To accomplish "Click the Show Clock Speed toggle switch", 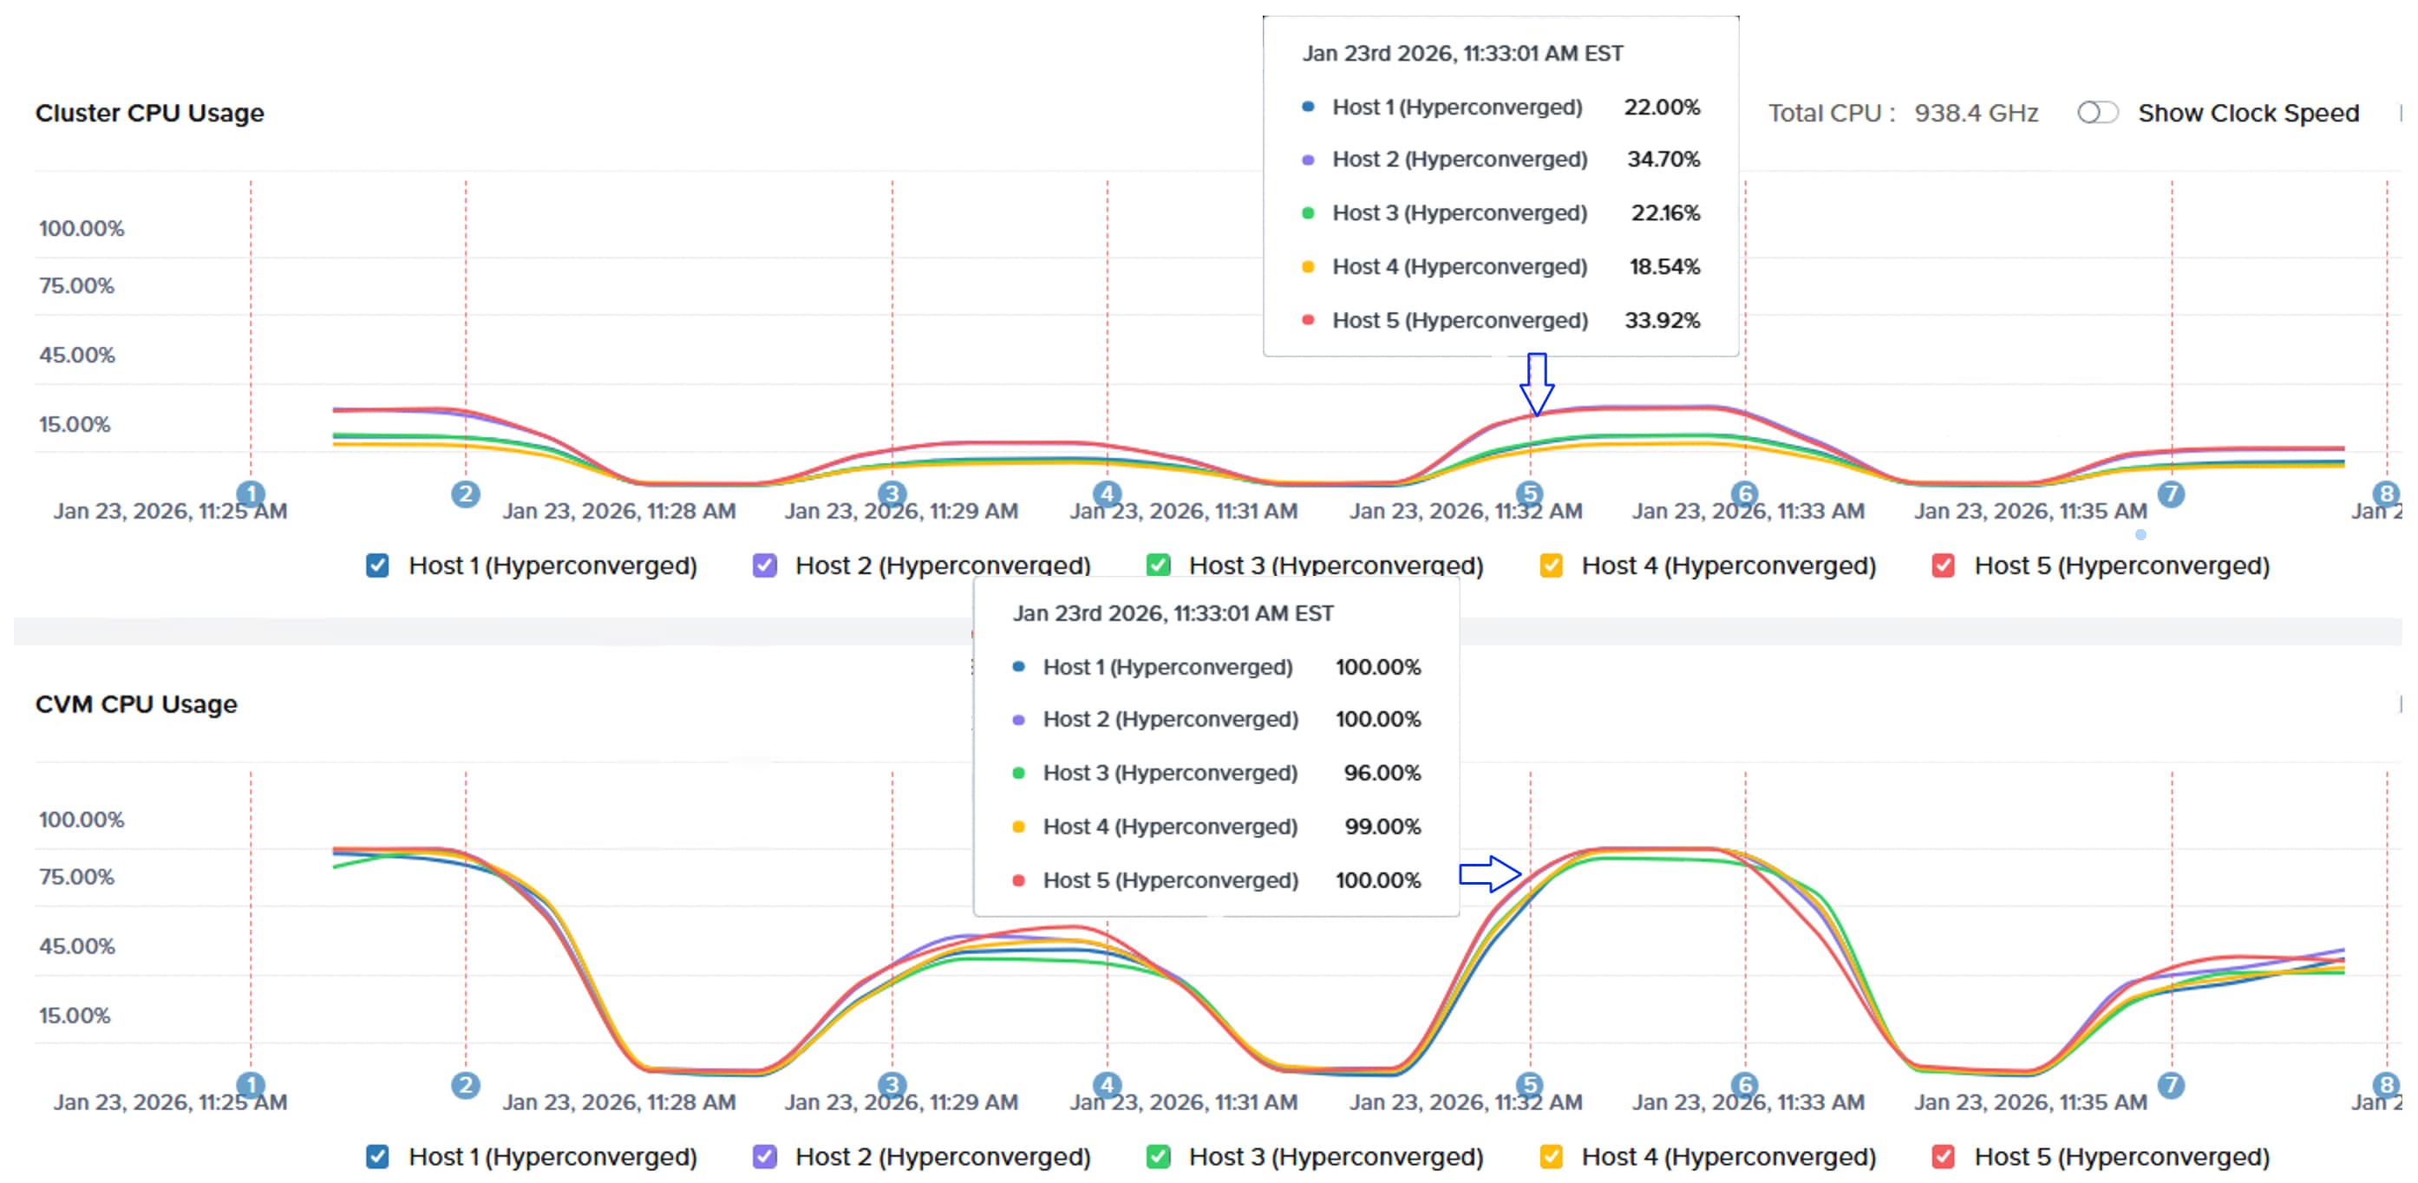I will (x=2096, y=113).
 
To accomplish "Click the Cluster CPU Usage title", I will (x=149, y=113).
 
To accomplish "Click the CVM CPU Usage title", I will (x=136, y=704).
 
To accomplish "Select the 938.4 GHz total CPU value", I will (x=1976, y=113).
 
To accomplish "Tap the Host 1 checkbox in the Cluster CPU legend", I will (x=377, y=565).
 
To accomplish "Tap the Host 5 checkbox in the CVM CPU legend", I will (x=1943, y=1157).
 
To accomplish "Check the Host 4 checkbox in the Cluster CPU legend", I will (x=1551, y=565).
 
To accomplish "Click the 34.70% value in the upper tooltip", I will (x=1663, y=159).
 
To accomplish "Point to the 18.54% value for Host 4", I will (x=1663, y=266).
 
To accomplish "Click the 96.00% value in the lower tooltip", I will (x=1382, y=773).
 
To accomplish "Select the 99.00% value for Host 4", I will (x=1382, y=827).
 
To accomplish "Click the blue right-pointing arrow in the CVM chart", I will (x=1490, y=874).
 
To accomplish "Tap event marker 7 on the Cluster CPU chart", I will (x=2170, y=493).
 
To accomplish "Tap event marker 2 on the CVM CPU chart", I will (x=466, y=1085).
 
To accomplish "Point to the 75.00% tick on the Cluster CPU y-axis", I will (x=77, y=285).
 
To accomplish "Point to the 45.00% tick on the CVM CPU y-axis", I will (x=77, y=945).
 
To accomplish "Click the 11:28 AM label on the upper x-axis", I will (x=618, y=511).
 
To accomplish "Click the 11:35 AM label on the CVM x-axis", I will (x=2030, y=1102).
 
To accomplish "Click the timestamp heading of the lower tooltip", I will (x=1173, y=613).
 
